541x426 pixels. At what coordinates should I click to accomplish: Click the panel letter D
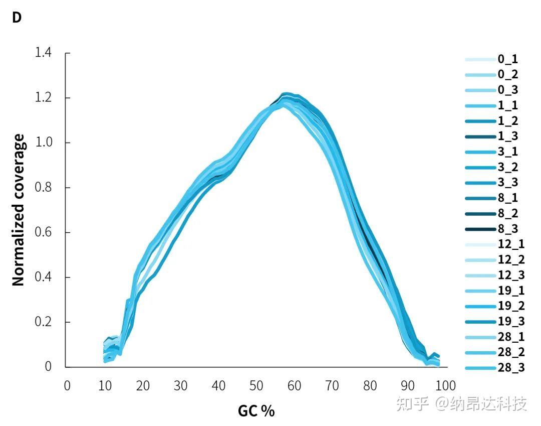click(17, 18)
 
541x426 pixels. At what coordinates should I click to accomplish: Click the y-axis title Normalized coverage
click(19, 210)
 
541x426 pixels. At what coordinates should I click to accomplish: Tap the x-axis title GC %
click(256, 411)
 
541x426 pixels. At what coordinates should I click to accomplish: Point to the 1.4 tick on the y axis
click(44, 53)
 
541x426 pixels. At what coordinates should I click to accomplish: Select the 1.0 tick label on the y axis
click(44, 143)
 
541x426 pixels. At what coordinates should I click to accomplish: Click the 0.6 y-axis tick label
click(44, 232)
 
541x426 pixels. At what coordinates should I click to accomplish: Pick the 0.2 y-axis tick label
click(44, 322)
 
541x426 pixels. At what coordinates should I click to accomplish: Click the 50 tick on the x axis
click(256, 385)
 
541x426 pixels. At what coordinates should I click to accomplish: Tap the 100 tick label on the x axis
click(445, 385)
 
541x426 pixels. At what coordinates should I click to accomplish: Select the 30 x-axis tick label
click(180, 385)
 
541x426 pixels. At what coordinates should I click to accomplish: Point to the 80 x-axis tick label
click(370, 385)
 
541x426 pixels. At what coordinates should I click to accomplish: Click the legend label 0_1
click(507, 59)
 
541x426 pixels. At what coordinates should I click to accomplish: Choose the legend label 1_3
click(507, 136)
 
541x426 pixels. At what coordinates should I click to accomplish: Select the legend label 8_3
click(507, 229)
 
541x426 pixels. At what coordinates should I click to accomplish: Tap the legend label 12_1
click(510, 244)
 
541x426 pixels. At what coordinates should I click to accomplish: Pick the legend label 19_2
click(510, 306)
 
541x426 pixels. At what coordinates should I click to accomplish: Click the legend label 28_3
click(510, 368)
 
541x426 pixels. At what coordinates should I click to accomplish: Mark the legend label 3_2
click(507, 167)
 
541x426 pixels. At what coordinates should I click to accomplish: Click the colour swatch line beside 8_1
click(480, 198)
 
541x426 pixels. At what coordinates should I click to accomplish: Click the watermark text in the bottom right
click(461, 403)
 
